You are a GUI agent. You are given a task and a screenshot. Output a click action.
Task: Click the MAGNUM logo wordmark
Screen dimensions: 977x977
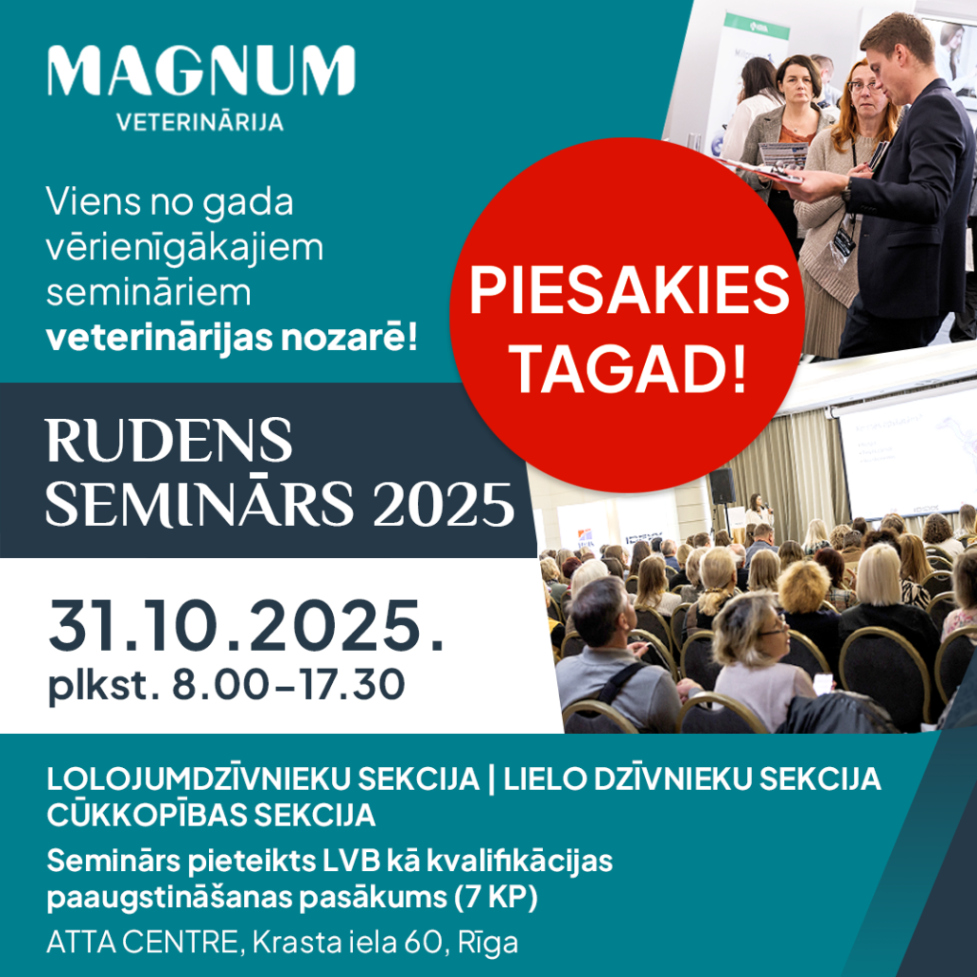click(x=201, y=71)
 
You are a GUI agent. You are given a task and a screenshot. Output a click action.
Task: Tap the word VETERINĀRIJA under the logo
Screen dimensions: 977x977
click(x=200, y=121)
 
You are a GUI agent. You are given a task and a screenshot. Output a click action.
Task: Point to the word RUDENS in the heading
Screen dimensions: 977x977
click(x=169, y=440)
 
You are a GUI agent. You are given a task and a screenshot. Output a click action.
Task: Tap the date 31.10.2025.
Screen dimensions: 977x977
click(x=246, y=626)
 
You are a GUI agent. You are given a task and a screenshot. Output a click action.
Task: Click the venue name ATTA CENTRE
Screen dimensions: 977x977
click(x=142, y=942)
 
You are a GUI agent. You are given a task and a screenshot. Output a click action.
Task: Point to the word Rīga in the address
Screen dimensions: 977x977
click(x=488, y=944)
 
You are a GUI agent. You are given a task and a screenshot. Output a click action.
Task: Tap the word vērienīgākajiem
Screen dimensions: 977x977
click(x=185, y=248)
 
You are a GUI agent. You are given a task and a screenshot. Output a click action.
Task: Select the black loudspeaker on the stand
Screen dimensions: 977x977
click(x=722, y=486)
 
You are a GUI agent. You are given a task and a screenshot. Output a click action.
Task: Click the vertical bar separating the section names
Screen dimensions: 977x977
click(x=491, y=780)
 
